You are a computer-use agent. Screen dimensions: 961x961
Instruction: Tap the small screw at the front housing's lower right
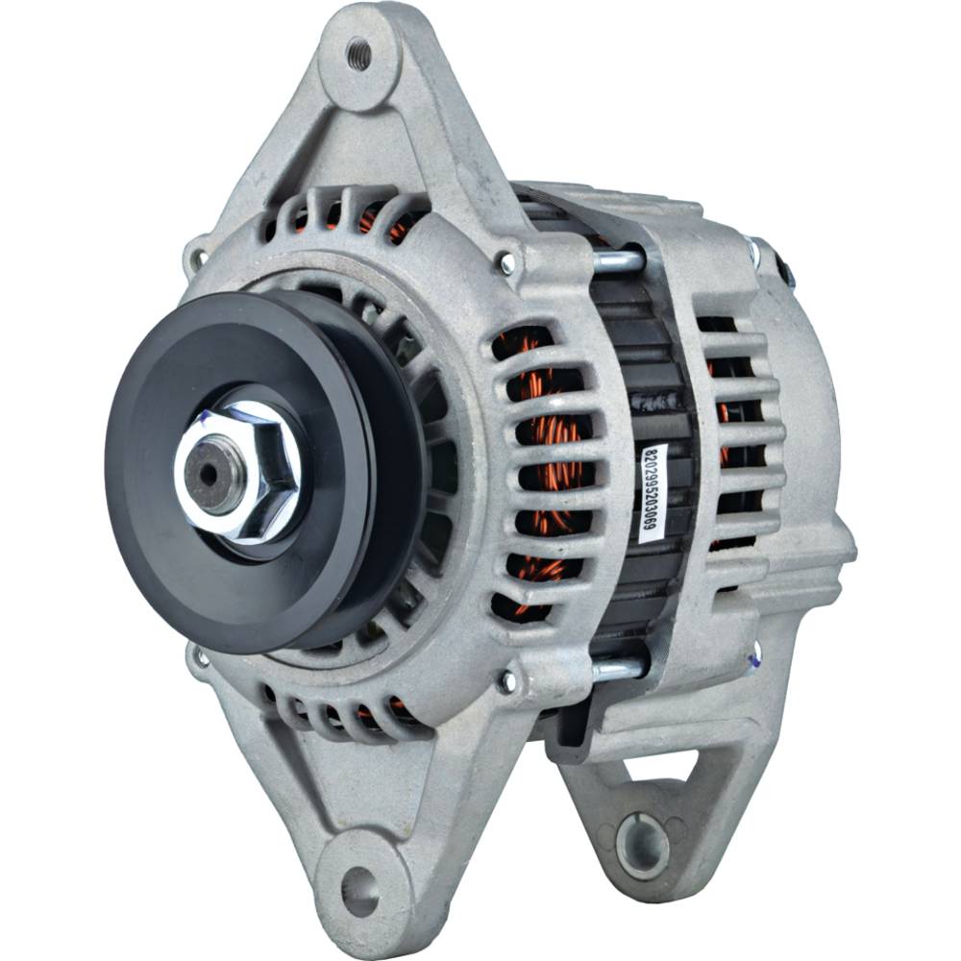[506, 681]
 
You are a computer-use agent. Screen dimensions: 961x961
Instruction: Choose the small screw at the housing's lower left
[201, 658]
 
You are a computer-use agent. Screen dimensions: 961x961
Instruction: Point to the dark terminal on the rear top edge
[786, 272]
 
